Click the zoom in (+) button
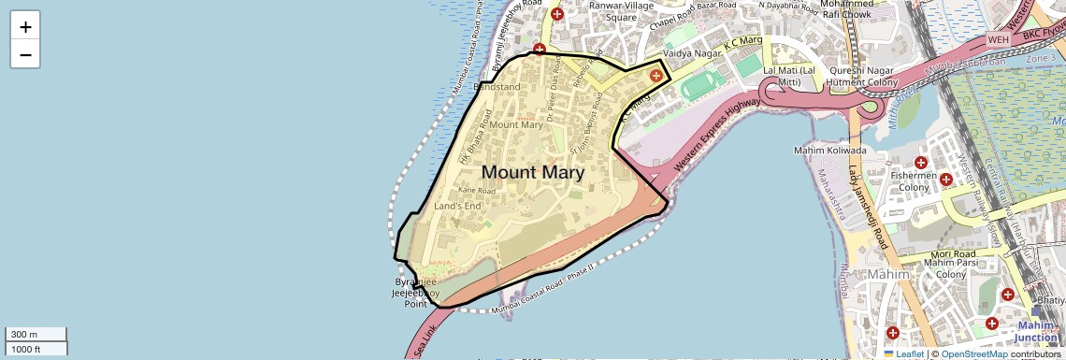(x=25, y=27)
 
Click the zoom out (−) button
(x=25, y=55)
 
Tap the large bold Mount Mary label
(x=533, y=172)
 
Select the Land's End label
(x=457, y=206)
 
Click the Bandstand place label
(x=497, y=87)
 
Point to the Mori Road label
(x=953, y=253)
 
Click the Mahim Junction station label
(x=1035, y=331)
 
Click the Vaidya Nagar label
(x=688, y=56)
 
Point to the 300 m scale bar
(x=36, y=335)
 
